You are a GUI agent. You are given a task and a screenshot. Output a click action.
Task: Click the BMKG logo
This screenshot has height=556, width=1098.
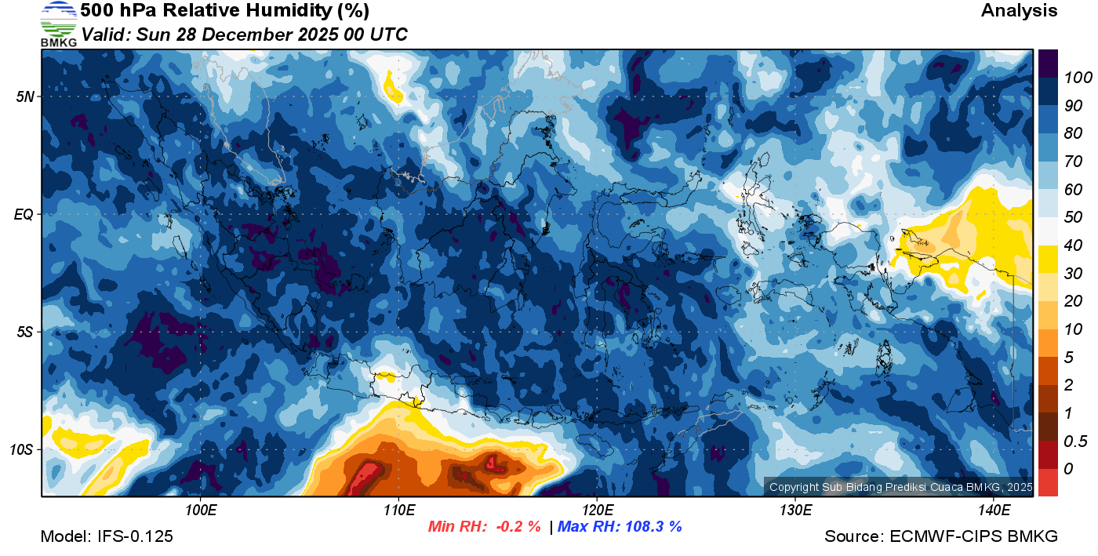pos(58,24)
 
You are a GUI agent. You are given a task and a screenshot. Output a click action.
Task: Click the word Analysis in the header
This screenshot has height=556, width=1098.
pos(1019,11)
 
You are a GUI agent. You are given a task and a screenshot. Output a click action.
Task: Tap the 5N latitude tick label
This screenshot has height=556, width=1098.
pos(24,96)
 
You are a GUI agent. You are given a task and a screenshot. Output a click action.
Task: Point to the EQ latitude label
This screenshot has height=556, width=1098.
pos(24,214)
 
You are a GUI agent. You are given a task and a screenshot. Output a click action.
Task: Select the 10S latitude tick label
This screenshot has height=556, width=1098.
pos(22,449)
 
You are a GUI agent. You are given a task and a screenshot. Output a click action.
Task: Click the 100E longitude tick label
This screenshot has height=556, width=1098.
pos(200,511)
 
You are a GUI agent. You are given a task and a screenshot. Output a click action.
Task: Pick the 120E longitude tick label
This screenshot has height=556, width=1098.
pos(597,511)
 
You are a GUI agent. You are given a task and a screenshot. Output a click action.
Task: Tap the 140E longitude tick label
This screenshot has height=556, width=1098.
pos(994,511)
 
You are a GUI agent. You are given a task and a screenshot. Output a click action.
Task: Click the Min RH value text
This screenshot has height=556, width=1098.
pos(483,526)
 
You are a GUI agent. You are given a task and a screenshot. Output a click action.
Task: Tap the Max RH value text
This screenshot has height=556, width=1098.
pos(620,526)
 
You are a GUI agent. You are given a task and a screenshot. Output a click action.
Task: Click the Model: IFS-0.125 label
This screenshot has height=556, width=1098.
pos(107,536)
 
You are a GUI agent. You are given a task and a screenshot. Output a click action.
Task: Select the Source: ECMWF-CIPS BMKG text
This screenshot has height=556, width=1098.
pos(941,536)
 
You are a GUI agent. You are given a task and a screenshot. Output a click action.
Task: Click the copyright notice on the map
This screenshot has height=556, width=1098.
pos(900,487)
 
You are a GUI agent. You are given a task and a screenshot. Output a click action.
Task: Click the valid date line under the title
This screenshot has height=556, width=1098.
pos(244,35)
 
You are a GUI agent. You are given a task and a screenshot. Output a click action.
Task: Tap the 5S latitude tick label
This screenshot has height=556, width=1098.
pos(24,332)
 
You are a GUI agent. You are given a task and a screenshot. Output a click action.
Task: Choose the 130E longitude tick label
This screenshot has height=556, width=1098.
pos(795,511)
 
